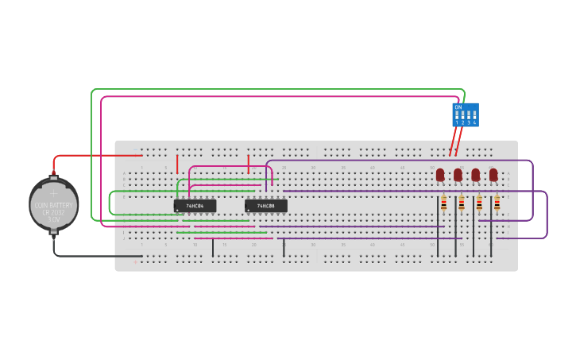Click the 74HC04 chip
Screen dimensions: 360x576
[195, 206]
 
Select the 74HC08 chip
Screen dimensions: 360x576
[266, 206]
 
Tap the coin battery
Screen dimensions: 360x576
[54, 204]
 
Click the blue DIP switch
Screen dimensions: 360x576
[466, 114]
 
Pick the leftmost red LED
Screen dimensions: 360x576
[440, 174]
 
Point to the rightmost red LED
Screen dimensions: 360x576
[493, 174]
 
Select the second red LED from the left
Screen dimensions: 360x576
[458, 174]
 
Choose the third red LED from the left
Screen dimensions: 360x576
[475, 174]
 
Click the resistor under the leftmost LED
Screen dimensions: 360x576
[443, 204]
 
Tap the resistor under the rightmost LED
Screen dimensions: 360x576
[497, 204]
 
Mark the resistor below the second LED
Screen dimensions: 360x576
[461, 204]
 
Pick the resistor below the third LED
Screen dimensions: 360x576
[479, 204]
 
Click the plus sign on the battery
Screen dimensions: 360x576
[54, 193]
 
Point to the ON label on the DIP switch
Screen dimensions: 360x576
[458, 106]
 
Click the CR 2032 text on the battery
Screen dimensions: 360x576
[53, 212]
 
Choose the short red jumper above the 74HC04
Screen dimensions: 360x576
[177, 165]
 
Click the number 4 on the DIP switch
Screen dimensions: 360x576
[474, 122]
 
